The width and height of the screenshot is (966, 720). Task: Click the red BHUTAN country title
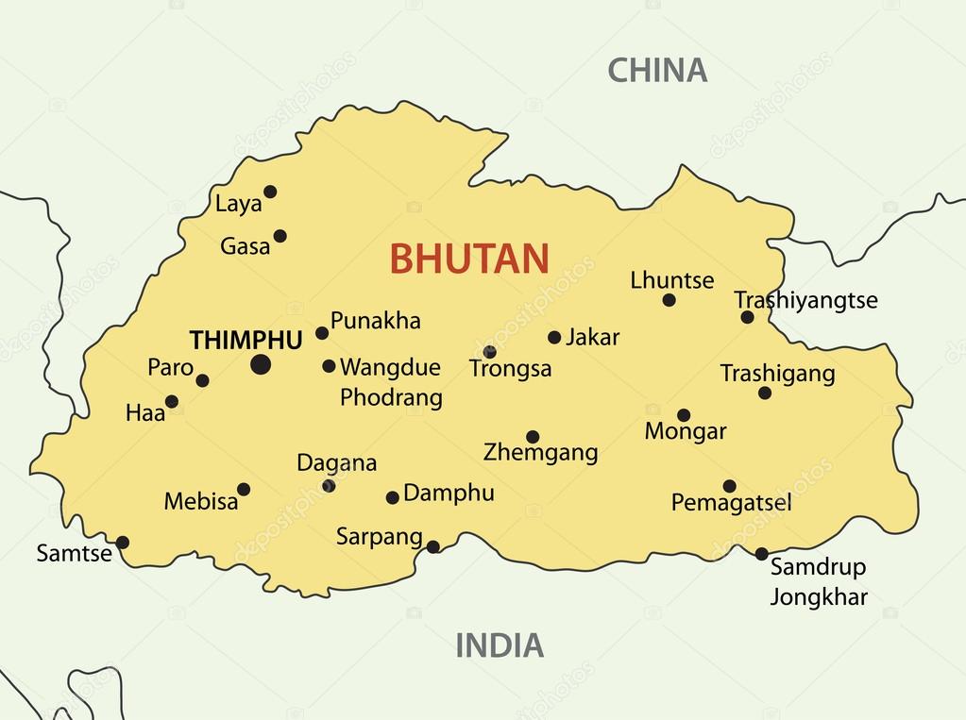[x=469, y=259]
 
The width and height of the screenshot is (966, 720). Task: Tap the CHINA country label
[x=656, y=70]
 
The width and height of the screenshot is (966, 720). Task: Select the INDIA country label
[x=500, y=645]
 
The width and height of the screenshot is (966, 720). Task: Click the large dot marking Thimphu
[x=261, y=364]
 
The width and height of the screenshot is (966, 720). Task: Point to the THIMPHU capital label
[x=246, y=340]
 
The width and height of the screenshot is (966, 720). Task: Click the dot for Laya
[x=270, y=192]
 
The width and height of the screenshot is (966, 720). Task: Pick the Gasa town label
[x=245, y=247]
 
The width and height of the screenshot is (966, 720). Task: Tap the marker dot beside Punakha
[x=322, y=333]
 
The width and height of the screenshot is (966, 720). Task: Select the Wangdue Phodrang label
[x=391, y=382]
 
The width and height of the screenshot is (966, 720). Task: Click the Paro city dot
[x=202, y=381]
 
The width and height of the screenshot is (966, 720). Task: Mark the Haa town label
[x=144, y=412]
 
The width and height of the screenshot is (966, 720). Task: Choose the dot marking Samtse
[x=122, y=543]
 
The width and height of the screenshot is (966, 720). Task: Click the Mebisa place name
[x=201, y=501]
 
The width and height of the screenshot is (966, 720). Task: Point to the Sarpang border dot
[x=432, y=546]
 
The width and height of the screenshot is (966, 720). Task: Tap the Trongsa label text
[x=510, y=369]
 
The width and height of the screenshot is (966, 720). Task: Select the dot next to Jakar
[x=554, y=338]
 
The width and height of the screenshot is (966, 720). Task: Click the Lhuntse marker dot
[x=669, y=300]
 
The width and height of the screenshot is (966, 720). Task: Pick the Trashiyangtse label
[x=805, y=300]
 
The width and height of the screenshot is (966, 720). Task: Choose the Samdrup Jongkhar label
[x=818, y=581]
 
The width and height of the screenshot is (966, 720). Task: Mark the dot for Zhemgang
[x=533, y=437]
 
